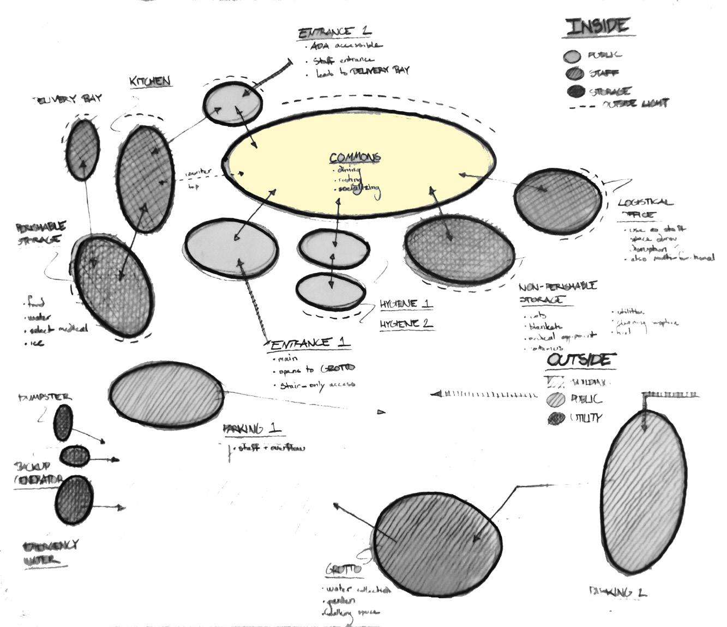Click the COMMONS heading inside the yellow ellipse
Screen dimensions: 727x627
pos(355,158)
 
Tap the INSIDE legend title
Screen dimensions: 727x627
pos(598,27)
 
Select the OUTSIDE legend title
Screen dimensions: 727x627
pos(581,360)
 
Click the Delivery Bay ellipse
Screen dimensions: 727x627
pos(82,150)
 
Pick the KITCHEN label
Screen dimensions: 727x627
pos(150,82)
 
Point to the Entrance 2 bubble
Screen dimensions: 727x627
pos(233,103)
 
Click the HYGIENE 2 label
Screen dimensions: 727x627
pos(406,324)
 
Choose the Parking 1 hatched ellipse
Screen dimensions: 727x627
pos(166,393)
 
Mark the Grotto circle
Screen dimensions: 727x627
pos(438,544)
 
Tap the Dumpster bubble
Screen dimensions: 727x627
pos(63,422)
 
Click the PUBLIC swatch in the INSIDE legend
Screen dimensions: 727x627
pos(573,56)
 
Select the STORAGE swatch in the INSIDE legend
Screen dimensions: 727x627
pos(575,91)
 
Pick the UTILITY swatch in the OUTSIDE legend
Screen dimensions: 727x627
pos(556,418)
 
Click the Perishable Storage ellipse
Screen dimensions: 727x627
pos(113,286)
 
